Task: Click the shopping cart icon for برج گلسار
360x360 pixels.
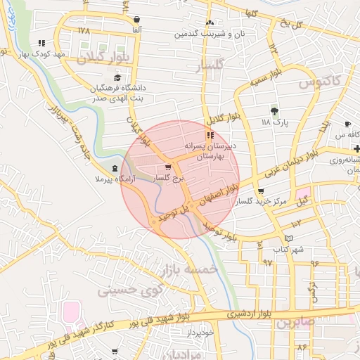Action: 167,167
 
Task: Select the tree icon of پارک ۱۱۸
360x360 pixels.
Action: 274,110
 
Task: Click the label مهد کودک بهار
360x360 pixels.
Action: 62,53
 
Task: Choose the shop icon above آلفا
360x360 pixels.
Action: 136,20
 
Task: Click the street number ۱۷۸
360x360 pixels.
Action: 84,31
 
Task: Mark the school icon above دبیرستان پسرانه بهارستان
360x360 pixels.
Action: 210,135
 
